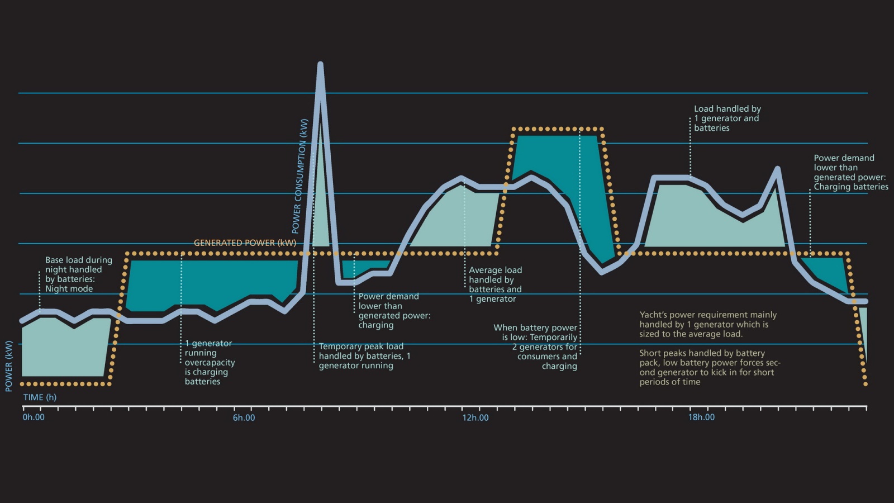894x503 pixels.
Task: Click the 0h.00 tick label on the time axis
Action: click(34, 417)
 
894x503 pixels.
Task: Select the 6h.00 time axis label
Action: click(244, 417)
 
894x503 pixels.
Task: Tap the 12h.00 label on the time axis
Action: click(475, 417)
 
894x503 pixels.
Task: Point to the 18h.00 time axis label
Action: click(701, 417)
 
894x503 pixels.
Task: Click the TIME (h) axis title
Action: click(40, 397)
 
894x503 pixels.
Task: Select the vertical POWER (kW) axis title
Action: click(9, 366)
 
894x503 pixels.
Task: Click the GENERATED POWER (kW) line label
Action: click(245, 243)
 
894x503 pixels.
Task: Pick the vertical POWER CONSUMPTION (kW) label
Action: click(300, 176)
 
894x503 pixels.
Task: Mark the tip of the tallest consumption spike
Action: click(320, 65)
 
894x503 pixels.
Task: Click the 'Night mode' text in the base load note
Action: click(69, 289)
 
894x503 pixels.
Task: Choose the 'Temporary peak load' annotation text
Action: click(361, 347)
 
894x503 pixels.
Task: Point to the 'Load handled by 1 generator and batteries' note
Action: click(727, 118)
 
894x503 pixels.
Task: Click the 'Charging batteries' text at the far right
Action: click(850, 187)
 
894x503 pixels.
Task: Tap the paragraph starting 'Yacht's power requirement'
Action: click(708, 324)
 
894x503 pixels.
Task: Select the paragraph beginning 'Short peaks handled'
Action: click(709, 367)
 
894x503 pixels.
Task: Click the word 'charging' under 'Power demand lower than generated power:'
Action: click(375, 325)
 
